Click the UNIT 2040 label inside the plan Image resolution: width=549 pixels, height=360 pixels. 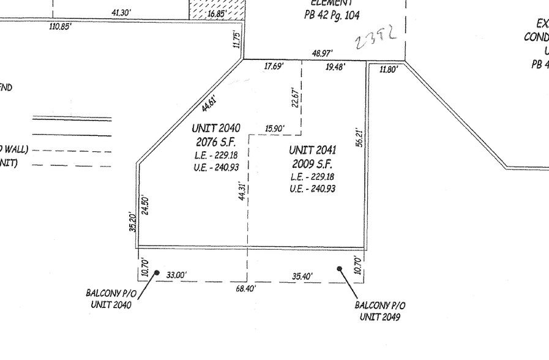tap(215, 128)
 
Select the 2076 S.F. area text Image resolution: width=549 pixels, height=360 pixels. tap(215, 141)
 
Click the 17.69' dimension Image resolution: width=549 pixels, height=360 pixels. tap(273, 66)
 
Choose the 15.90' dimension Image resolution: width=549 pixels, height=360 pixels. tap(274, 129)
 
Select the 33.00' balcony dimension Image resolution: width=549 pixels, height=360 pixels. tap(176, 276)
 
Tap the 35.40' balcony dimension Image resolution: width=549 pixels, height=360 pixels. tap(302, 277)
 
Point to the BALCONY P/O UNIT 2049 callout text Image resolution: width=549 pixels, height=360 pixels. tap(380, 310)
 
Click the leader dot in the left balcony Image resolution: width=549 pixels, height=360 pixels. tap(157, 273)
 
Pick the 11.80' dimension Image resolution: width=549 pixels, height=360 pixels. tap(389, 69)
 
